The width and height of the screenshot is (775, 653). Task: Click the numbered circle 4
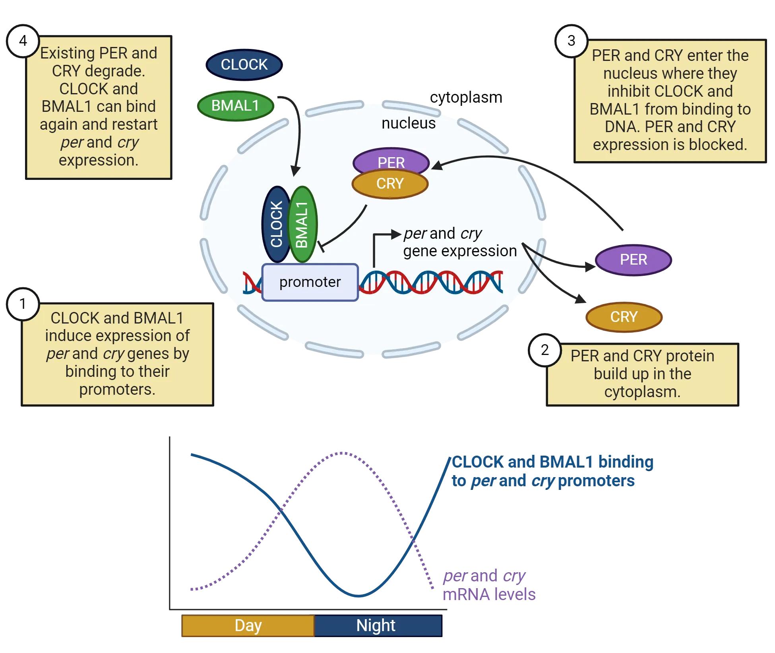click(23, 41)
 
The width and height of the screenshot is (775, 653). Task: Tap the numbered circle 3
click(571, 41)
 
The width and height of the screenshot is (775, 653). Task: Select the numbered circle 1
click(23, 304)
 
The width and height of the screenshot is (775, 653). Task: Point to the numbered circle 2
click(545, 350)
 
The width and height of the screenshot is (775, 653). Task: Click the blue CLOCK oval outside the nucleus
click(244, 64)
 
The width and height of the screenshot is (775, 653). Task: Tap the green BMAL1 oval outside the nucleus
click(235, 106)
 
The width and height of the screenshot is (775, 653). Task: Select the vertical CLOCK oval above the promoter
click(276, 224)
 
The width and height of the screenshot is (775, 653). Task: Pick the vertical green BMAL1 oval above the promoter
click(302, 224)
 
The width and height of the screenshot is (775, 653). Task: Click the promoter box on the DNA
click(310, 282)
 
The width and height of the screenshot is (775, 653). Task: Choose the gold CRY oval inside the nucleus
click(390, 184)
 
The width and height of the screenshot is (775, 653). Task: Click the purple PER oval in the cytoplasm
click(634, 260)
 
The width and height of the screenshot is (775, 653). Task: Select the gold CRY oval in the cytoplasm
click(624, 317)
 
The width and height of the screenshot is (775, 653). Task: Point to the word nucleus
click(408, 123)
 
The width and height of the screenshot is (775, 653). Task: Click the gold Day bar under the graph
click(248, 626)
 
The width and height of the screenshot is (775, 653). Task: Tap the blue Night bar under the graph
click(376, 626)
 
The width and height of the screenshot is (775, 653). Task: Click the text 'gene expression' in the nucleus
click(460, 251)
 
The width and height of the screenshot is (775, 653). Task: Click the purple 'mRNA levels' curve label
click(489, 594)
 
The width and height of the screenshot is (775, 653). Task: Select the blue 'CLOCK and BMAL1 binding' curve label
click(552, 462)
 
